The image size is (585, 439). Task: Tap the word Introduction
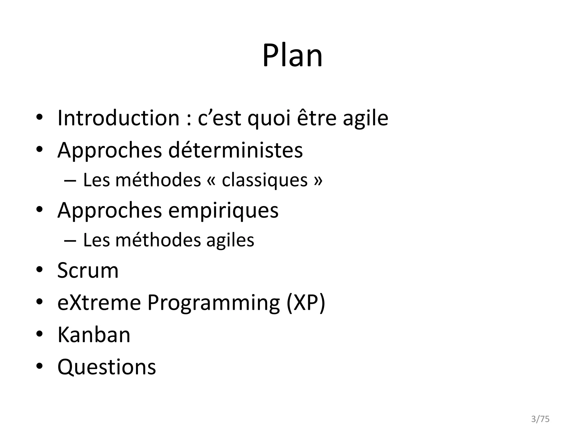[x=118, y=118]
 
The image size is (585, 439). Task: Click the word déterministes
[x=235, y=150]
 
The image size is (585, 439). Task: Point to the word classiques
[x=265, y=180]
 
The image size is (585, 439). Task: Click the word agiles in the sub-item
[x=230, y=240]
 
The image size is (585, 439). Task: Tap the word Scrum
[x=88, y=270]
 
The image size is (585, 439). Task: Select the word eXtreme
[x=99, y=302]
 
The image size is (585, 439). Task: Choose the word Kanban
[x=94, y=335]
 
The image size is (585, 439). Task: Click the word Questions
[x=107, y=367]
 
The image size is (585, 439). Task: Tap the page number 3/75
[x=540, y=419]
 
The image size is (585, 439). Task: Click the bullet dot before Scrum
[x=39, y=270]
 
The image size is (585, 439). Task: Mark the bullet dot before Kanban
[x=39, y=334]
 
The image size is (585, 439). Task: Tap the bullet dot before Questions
[x=39, y=366]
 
